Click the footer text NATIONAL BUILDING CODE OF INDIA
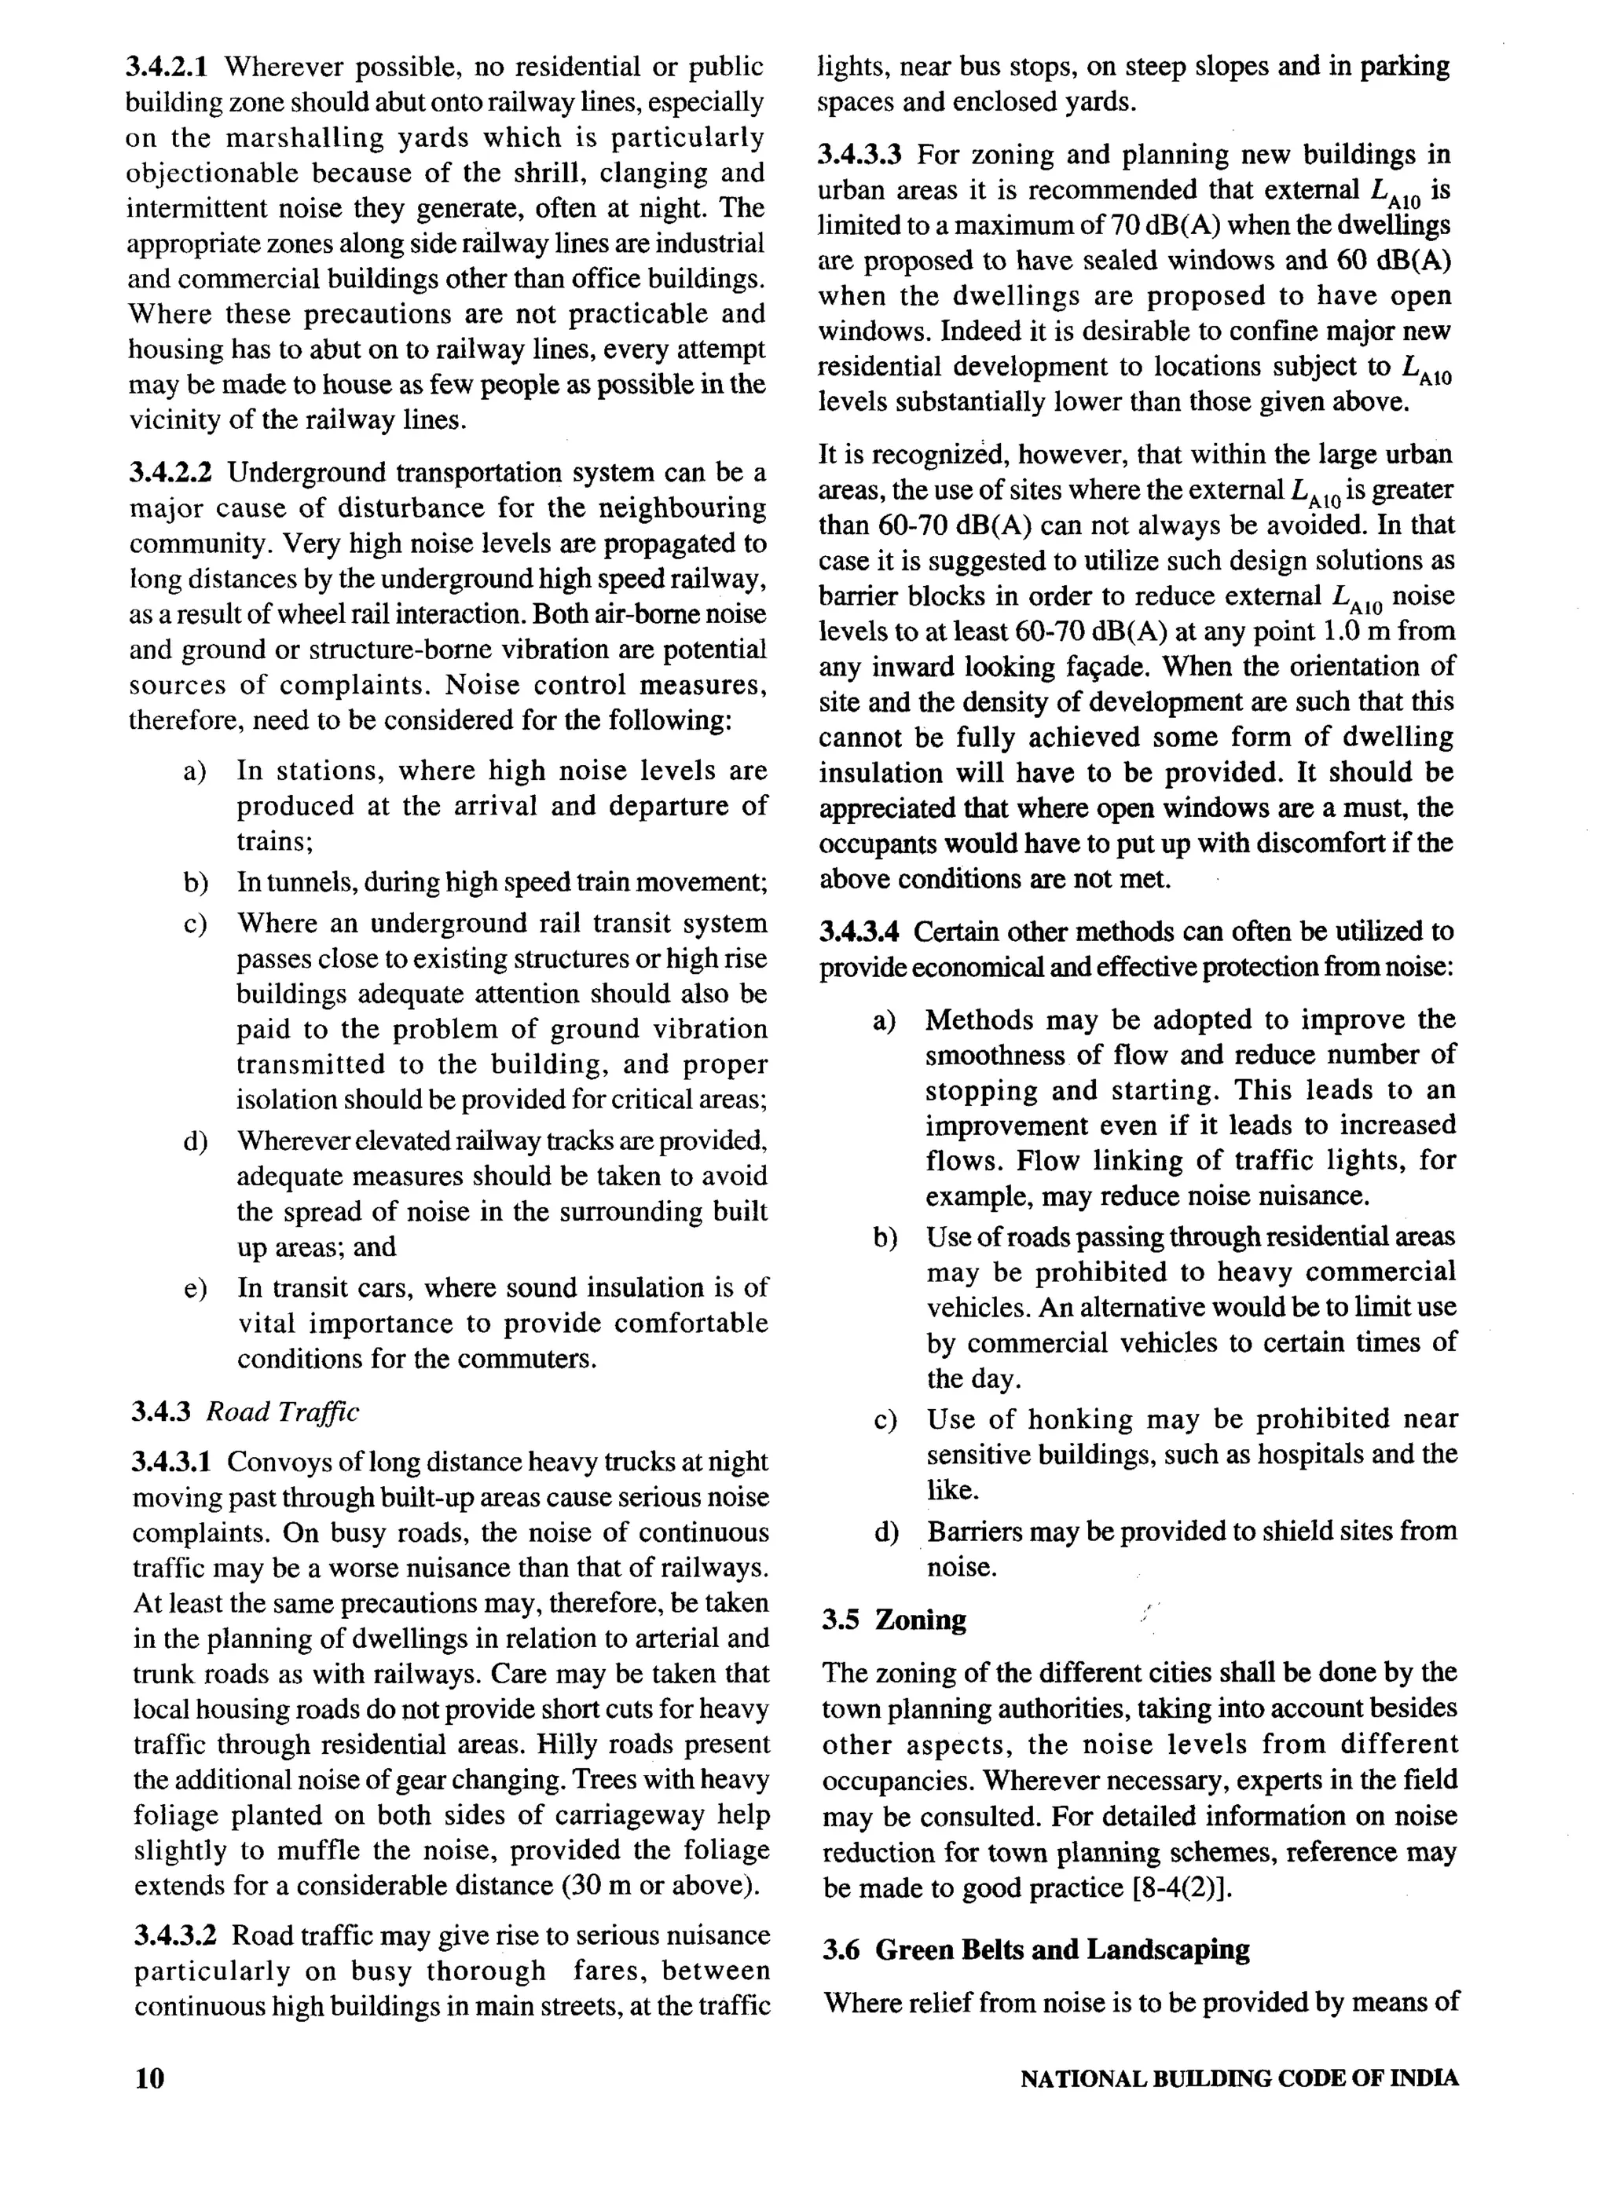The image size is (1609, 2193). pyautogui.click(x=1239, y=2078)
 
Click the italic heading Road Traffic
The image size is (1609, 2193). pyautogui.click(x=284, y=1412)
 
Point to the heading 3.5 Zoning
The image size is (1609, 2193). pyautogui.click(x=894, y=1620)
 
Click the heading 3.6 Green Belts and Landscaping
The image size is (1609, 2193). pyautogui.click(x=1035, y=1950)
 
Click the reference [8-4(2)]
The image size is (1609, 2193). pyautogui.click(x=1183, y=1889)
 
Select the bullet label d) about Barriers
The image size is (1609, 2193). pyautogui.click(x=885, y=1532)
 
